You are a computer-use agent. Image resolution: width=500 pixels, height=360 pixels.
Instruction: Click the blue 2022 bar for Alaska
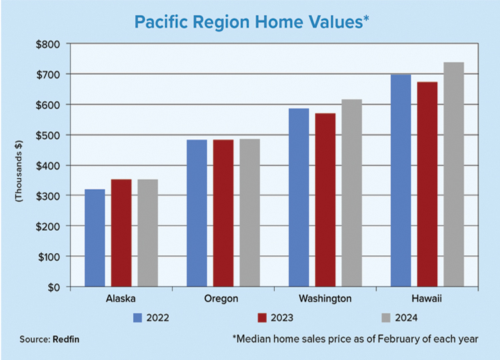pos(95,238)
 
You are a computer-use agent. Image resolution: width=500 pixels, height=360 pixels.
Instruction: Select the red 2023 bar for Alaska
pos(121,233)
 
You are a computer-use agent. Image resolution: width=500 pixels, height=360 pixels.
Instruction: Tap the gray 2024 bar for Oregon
pos(250,213)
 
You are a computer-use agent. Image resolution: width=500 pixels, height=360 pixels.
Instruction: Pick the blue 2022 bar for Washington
pos(299,197)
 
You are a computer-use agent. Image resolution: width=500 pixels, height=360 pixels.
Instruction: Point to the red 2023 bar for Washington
pos(325,200)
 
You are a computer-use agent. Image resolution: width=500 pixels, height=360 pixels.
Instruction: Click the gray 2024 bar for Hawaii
pos(454,175)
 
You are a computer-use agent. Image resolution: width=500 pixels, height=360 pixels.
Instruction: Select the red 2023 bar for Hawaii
pos(427,184)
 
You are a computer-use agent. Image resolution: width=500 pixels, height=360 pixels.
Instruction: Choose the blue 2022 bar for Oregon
pos(197,213)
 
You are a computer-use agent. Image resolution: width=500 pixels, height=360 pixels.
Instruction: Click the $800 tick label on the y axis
pos(48,45)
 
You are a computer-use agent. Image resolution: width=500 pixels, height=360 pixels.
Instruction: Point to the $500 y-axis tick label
pos(48,136)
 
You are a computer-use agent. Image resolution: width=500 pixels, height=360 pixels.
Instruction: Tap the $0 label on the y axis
pos(54,287)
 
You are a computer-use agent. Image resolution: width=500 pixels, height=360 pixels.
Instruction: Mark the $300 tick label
pos(48,197)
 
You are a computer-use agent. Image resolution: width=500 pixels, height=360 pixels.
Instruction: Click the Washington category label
pos(325,299)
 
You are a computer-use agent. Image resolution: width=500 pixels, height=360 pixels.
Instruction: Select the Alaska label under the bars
pos(121,299)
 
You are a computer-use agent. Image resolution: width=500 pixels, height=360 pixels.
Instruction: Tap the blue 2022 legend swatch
pos(137,318)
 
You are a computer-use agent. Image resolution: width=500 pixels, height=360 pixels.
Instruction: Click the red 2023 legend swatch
pos(262,318)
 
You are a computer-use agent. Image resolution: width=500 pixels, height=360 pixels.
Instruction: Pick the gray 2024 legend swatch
pos(386,318)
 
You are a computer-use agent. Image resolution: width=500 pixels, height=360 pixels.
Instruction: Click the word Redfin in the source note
pos(66,339)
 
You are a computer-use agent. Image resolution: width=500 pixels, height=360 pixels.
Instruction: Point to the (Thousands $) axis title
pos(19,171)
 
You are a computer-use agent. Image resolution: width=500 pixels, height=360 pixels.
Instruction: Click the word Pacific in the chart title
pos(160,22)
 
